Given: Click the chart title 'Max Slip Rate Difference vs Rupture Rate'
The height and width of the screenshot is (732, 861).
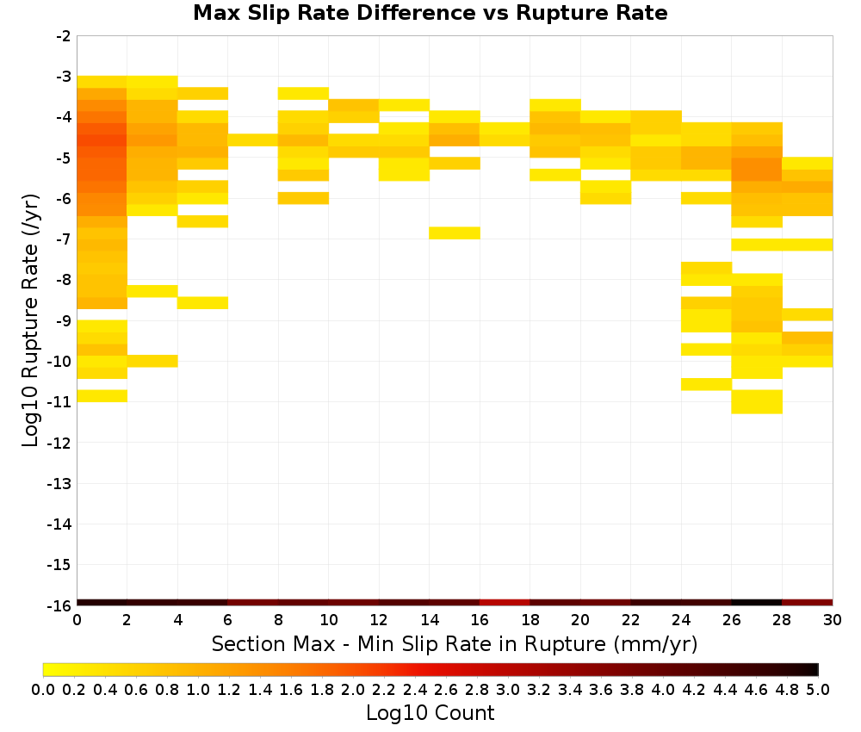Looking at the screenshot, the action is coord(430,13).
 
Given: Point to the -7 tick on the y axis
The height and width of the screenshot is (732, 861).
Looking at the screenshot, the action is coord(64,239).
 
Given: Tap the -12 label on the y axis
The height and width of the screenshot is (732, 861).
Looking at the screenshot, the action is coord(60,443).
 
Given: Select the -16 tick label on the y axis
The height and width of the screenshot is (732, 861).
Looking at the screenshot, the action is coord(60,605).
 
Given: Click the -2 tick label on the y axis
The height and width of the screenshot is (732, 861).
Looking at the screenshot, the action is coord(64,36).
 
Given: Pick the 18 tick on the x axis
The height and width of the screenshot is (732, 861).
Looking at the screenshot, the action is coord(530,620).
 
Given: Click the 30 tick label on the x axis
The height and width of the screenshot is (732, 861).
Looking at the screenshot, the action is coord(833,620).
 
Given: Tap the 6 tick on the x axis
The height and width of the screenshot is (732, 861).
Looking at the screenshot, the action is coord(228,620).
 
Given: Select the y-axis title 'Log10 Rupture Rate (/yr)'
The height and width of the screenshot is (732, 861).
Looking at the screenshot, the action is coord(31,320).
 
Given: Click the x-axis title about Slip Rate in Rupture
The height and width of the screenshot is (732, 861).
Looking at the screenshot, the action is coord(455,644).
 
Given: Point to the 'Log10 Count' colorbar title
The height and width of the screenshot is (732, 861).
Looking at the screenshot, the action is coord(430,713).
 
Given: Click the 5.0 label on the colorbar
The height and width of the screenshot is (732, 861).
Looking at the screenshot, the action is coord(818,689).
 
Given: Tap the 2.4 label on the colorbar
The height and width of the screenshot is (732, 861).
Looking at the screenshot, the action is coord(415,689).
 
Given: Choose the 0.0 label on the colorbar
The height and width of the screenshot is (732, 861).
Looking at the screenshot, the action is coord(43,689).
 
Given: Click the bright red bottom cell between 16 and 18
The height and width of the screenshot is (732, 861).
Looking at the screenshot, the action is coord(505,603).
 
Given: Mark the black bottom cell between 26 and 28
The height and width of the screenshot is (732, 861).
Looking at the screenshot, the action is coord(757,603).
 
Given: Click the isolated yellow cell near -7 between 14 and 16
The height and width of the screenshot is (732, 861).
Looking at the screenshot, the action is coord(455,233).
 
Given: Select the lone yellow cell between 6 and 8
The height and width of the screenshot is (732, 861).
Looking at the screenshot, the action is coord(253,140).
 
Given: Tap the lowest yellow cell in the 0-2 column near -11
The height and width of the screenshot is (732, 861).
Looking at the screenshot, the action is coord(102,396).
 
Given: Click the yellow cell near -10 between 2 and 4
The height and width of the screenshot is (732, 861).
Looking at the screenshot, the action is coord(152,361).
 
